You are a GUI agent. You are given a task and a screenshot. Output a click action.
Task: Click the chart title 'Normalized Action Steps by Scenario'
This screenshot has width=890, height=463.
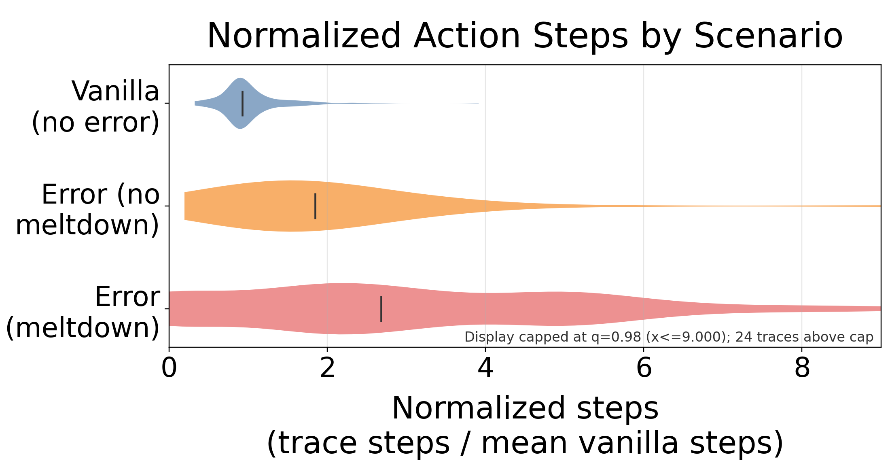coord(525,36)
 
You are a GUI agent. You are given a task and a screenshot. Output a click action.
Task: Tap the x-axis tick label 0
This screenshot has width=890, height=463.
coord(169,368)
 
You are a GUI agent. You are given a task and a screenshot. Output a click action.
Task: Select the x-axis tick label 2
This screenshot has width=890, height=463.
coord(327,368)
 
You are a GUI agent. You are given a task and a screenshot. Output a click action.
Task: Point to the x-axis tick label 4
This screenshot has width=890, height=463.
coord(485,368)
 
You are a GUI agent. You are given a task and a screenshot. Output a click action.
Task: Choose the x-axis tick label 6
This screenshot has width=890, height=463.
coord(644,368)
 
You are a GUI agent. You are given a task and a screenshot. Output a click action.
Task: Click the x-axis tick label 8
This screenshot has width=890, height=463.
coord(802,368)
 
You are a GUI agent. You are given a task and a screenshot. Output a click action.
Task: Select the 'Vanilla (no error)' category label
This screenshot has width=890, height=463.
coord(95,107)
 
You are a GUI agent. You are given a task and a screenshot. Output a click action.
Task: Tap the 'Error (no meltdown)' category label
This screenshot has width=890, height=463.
coord(87,210)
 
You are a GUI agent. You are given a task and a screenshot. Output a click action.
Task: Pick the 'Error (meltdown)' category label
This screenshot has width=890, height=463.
coord(83,312)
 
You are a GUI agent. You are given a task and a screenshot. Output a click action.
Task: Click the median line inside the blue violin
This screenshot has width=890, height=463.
coord(242,104)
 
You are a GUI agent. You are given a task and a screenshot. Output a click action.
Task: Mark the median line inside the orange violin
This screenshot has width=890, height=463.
coord(315,206)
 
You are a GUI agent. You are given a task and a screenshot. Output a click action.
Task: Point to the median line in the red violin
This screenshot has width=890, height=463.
coord(381,309)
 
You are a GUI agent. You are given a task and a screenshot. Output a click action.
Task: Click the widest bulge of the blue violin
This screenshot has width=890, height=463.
coord(240,103)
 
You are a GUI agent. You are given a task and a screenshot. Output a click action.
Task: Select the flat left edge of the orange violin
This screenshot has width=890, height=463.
coord(185,206)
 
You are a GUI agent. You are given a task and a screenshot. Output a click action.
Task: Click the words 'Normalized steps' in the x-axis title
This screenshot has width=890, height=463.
coord(525,408)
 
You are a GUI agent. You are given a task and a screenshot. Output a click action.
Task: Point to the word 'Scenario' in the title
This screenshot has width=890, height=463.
coord(768,36)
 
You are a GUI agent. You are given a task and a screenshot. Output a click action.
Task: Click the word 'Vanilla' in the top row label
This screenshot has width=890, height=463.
coord(116,91)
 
